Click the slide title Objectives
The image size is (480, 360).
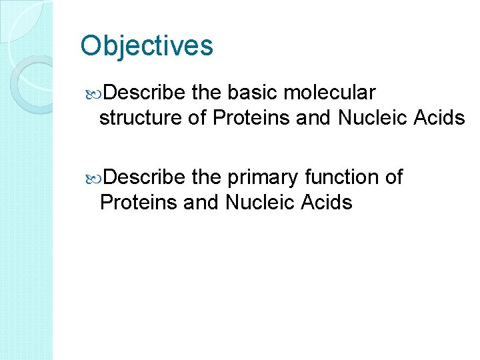point(147,46)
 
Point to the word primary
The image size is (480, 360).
point(265,177)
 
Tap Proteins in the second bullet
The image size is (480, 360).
point(137,202)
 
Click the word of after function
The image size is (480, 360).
point(394,177)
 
